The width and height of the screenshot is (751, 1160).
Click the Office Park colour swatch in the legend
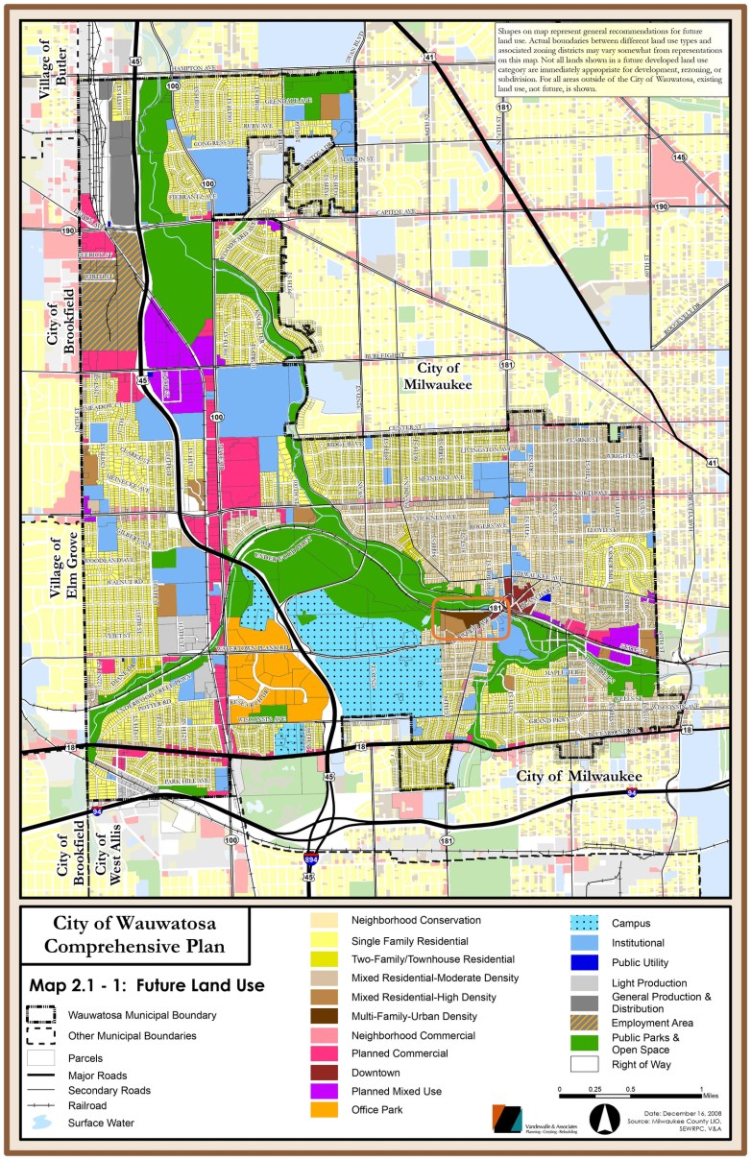click(327, 1111)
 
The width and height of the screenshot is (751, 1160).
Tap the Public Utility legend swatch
click(587, 962)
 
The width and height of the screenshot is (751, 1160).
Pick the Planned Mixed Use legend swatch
click(327, 1092)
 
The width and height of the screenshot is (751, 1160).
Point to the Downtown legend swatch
click(327, 1073)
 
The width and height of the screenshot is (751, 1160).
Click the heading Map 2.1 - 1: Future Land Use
click(146, 985)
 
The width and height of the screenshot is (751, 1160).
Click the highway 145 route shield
click(680, 157)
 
